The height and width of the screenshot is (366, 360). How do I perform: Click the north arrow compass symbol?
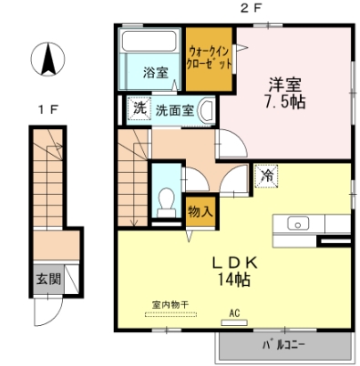point(47,59)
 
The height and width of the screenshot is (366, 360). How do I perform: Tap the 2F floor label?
point(251,9)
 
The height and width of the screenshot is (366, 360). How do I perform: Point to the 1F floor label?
point(48,109)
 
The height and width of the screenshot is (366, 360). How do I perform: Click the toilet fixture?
point(166,202)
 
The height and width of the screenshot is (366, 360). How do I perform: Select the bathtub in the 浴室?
point(149,41)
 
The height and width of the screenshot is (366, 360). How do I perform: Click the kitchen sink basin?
point(298,224)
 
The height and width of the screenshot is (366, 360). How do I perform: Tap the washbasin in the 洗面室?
point(206,110)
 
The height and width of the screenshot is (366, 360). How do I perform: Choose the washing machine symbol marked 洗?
point(139,108)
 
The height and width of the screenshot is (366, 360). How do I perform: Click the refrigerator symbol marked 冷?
point(266,176)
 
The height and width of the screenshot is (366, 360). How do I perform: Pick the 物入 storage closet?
point(201,211)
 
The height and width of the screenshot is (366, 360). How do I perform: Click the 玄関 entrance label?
point(48,279)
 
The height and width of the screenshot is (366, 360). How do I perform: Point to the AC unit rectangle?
point(234,322)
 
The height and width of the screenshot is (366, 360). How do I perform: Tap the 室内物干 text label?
point(170,305)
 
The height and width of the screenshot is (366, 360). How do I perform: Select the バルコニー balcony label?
point(283,345)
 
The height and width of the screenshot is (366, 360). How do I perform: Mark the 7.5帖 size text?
point(284,102)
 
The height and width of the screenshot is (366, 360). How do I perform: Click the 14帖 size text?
point(233,280)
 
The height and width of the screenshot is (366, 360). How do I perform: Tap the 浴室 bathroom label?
point(156,73)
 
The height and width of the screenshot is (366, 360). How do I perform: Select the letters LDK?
point(234,262)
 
